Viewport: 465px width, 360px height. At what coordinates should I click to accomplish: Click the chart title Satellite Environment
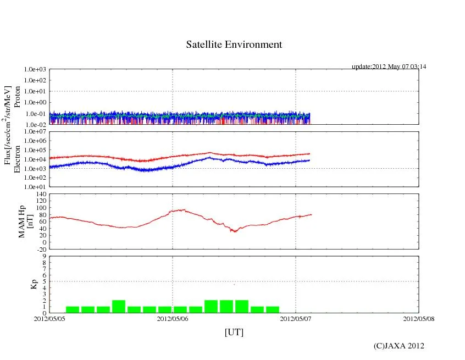click(234, 45)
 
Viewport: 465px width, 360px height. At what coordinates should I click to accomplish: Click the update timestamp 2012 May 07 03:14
click(389, 67)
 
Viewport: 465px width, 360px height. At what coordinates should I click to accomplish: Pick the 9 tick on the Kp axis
click(45, 256)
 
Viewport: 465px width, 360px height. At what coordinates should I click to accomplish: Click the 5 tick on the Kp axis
click(45, 281)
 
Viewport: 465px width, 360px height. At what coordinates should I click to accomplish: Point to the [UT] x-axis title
click(234, 332)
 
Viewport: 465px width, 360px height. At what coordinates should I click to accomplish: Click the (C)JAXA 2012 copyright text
click(398, 346)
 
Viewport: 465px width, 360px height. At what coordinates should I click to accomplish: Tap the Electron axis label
click(17, 159)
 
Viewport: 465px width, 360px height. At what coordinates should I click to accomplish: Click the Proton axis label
click(17, 97)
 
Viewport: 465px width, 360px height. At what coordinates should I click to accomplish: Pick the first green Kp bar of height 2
click(119, 307)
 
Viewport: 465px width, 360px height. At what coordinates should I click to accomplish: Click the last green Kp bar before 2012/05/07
click(273, 309)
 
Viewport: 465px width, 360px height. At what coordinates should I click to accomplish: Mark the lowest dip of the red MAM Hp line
click(234, 231)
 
